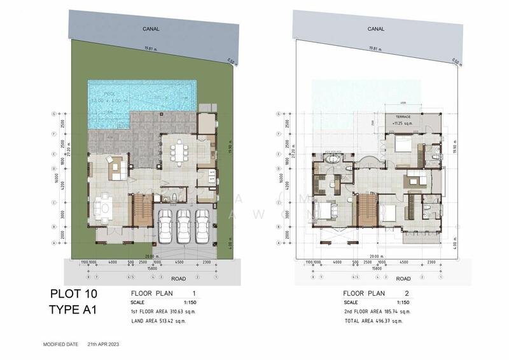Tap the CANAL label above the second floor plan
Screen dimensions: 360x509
coord(376,29)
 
